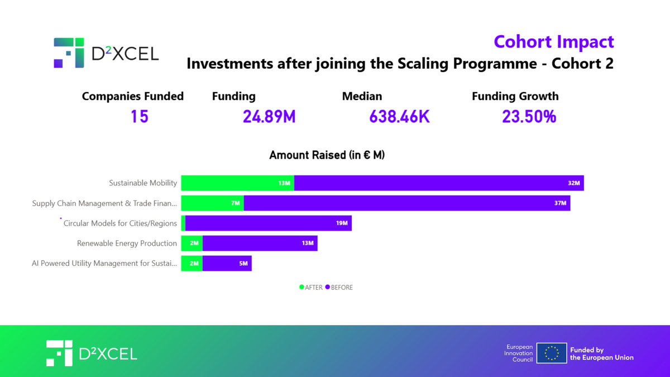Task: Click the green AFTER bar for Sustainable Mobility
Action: click(237, 183)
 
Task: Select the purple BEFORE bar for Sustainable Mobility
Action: click(439, 183)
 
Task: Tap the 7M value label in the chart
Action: click(236, 203)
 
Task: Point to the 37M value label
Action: click(560, 203)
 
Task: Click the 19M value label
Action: click(342, 223)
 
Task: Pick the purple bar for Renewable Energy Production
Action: click(260, 243)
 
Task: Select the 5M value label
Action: click(243, 263)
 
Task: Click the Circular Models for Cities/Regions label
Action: click(120, 223)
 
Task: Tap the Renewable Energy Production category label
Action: click(127, 244)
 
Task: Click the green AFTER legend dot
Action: click(301, 287)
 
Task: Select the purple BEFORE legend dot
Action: click(328, 287)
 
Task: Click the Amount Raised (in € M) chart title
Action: click(327, 155)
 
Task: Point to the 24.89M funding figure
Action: click(269, 116)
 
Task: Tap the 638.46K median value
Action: click(399, 116)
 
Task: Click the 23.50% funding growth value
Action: click(529, 116)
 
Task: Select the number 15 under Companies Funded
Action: click(140, 116)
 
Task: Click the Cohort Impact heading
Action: click(554, 42)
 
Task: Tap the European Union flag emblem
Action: click(552, 353)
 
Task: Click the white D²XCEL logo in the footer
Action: click(92, 354)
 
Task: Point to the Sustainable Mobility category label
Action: click(143, 183)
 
